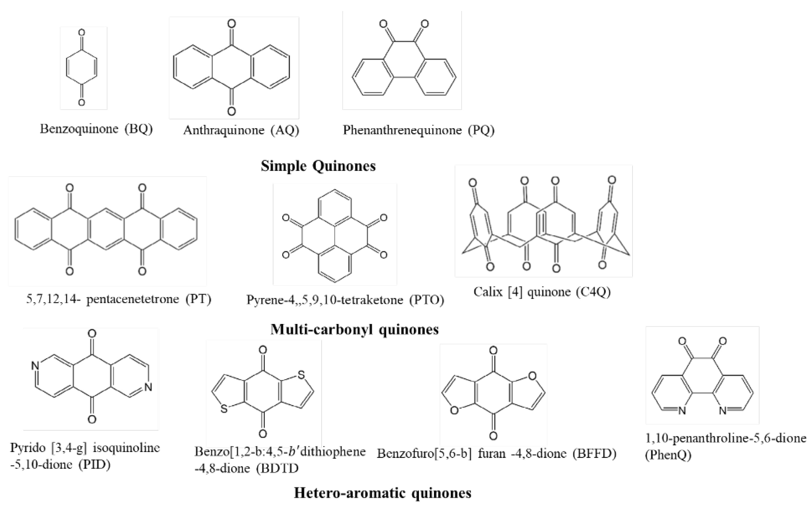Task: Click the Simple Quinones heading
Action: pyautogui.click(x=318, y=166)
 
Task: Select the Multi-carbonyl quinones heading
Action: pyautogui.click(x=355, y=329)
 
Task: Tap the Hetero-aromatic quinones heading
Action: pyautogui.click(x=383, y=493)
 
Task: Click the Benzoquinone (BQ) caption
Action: pyautogui.click(x=96, y=129)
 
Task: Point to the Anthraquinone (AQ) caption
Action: pyautogui.click(x=241, y=130)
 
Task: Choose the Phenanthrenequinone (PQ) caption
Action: pyautogui.click(x=418, y=130)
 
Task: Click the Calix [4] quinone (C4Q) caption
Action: pyautogui.click(x=542, y=292)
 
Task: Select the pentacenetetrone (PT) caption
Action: pyautogui.click(x=119, y=299)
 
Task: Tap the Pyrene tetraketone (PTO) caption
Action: pyautogui.click(x=345, y=300)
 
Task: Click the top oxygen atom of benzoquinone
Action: pyautogui.click(x=82, y=33)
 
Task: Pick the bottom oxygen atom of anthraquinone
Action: pyautogui.click(x=231, y=111)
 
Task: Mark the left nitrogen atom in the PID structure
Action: pyautogui.click(x=34, y=366)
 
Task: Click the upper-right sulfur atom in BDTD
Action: pyautogui.click(x=301, y=375)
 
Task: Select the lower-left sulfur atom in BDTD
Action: pyautogui.click(x=224, y=409)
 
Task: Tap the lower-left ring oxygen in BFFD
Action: pyautogui.click(x=454, y=410)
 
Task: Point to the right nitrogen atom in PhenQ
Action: pyautogui.click(x=723, y=410)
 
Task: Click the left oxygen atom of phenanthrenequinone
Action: pyautogui.click(x=383, y=24)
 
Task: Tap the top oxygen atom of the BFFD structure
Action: pyautogui.click(x=493, y=351)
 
